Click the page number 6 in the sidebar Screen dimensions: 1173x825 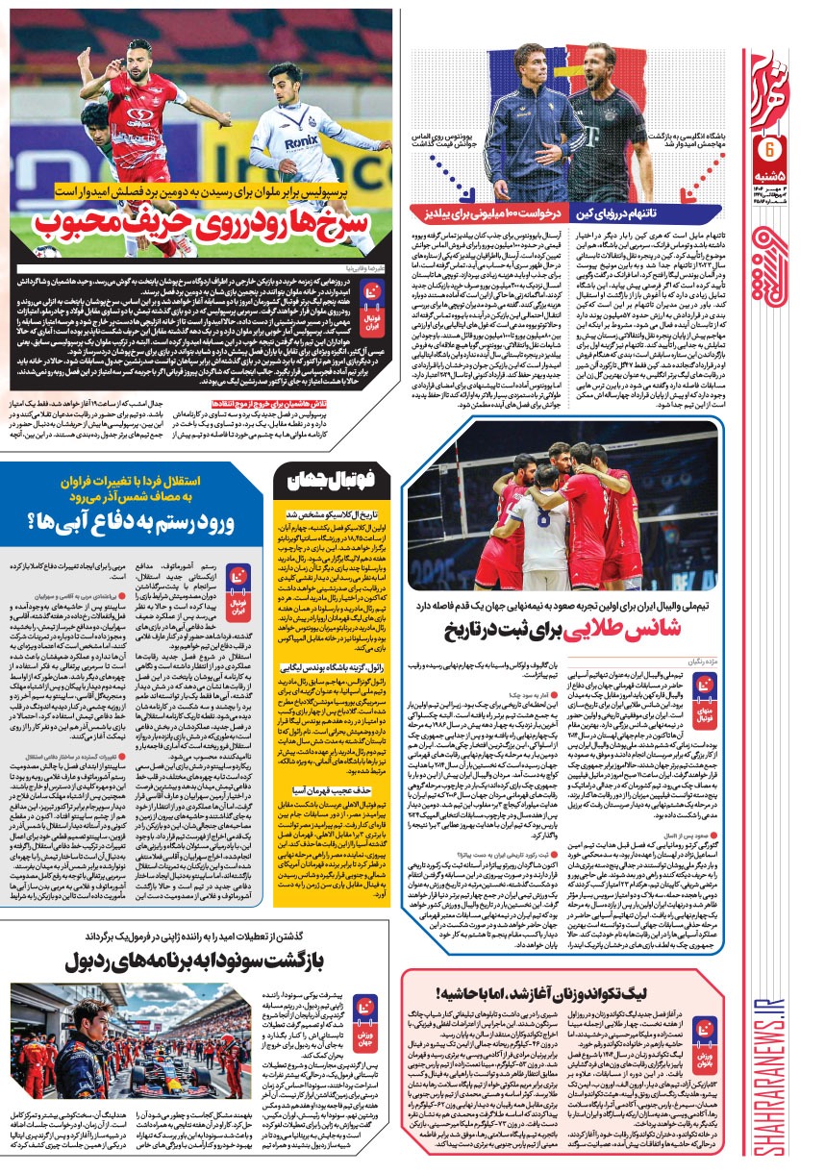[x=769, y=151]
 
